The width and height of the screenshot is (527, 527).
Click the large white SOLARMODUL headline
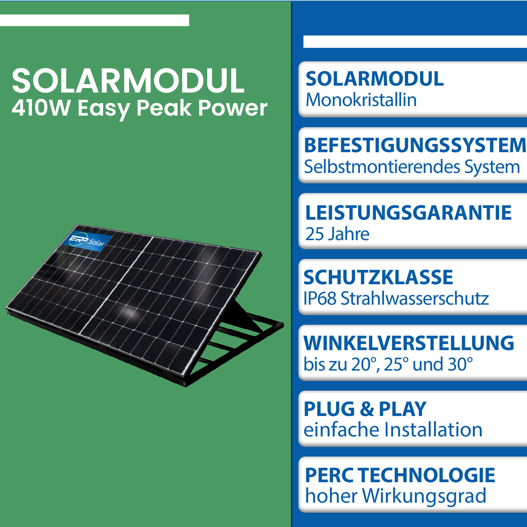[128, 81]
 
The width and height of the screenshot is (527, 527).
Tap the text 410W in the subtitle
[41, 108]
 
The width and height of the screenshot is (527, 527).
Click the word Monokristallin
[361, 99]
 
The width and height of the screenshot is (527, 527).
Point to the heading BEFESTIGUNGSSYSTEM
[415, 145]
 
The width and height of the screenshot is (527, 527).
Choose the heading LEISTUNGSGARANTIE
[408, 212]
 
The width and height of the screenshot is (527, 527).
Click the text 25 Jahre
[337, 234]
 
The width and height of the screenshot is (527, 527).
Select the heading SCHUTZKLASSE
[378, 277]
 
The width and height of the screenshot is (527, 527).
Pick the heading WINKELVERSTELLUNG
[409, 343]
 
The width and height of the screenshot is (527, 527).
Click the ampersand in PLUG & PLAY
[367, 409]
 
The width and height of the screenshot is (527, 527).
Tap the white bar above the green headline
[95, 20]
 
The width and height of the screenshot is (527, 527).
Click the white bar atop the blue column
[415, 42]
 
